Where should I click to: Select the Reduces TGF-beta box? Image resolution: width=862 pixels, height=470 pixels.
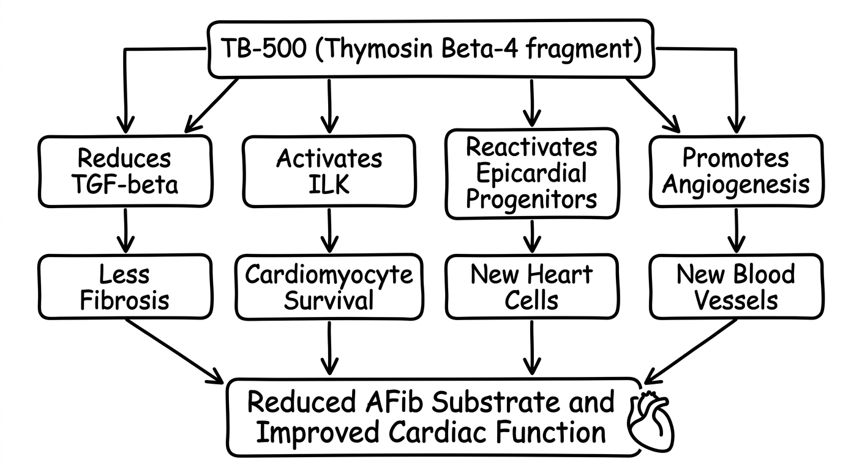pyautogui.click(x=125, y=171)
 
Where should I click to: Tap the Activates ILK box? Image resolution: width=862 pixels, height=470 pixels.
pyautogui.click(x=329, y=171)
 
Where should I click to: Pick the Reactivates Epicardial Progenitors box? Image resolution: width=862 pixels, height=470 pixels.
pyautogui.click(x=531, y=173)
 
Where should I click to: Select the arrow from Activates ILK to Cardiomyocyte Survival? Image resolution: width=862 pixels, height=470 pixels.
pyautogui.click(x=330, y=231)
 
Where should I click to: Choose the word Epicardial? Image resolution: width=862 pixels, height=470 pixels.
pyautogui.click(x=531, y=173)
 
